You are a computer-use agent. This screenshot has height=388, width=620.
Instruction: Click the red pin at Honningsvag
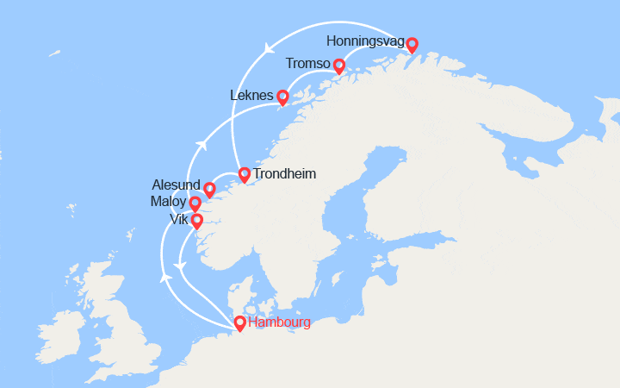point(412,45)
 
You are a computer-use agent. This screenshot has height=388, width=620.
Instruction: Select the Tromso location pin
point(338,66)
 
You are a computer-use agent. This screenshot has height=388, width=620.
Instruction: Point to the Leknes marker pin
point(282,97)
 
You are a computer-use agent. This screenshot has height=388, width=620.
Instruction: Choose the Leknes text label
point(251,95)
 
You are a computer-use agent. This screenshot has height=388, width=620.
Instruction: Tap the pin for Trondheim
point(244,175)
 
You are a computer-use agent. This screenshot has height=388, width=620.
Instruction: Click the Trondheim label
point(284,174)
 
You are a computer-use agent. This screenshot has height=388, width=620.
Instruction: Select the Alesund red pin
point(208,190)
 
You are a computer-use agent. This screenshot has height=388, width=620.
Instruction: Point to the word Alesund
point(176,186)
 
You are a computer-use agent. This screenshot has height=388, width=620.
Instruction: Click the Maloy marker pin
point(195,204)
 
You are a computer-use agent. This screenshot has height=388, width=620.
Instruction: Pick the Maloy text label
point(167,203)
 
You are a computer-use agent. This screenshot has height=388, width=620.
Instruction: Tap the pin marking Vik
point(196,222)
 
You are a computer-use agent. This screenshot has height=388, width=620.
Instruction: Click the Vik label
point(179,219)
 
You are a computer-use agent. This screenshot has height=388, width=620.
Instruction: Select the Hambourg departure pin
point(239,323)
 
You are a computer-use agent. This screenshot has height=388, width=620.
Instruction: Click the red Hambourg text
point(278,323)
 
